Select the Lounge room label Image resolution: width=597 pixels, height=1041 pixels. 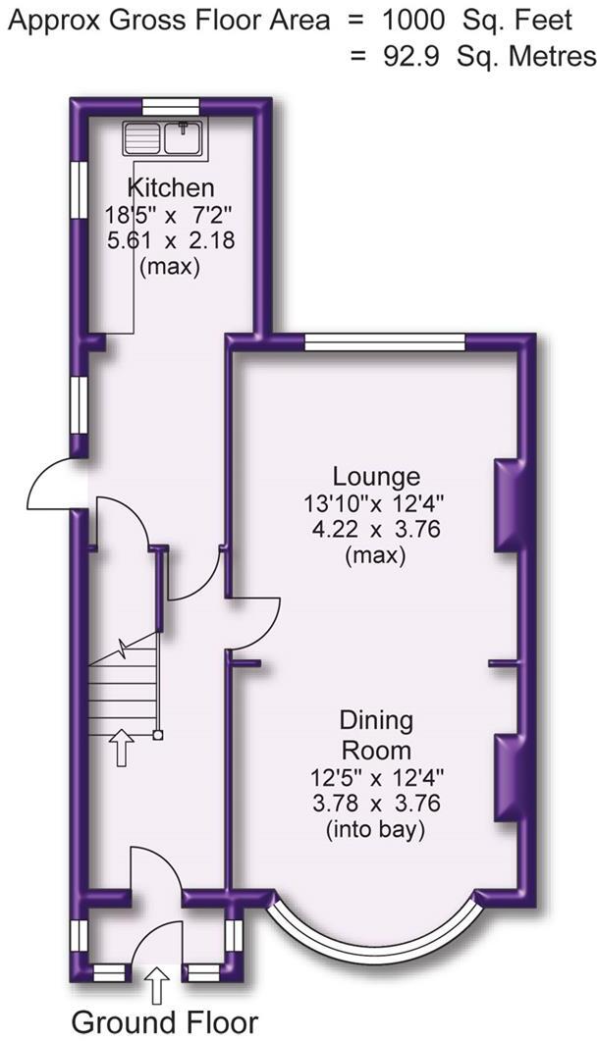pyautogui.click(x=376, y=477)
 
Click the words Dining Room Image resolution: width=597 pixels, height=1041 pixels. pyautogui.click(x=376, y=736)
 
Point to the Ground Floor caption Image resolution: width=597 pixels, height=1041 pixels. pyautogui.click(x=165, y=1020)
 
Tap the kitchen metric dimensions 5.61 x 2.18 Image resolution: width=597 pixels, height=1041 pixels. pyautogui.click(x=171, y=239)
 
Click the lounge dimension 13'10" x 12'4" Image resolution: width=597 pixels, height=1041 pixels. pyautogui.click(x=376, y=504)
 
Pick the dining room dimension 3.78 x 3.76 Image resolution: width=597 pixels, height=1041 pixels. pyautogui.click(x=376, y=805)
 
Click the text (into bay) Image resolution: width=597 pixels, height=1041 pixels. pyautogui.click(x=376, y=831)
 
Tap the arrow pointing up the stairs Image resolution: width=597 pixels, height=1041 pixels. pyautogui.click(x=122, y=748)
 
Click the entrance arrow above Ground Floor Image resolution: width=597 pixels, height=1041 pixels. pyautogui.click(x=157, y=983)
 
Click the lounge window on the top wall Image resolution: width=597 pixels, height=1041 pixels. pyautogui.click(x=384, y=341)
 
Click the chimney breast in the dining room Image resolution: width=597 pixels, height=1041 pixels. pyautogui.click(x=506, y=776)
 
